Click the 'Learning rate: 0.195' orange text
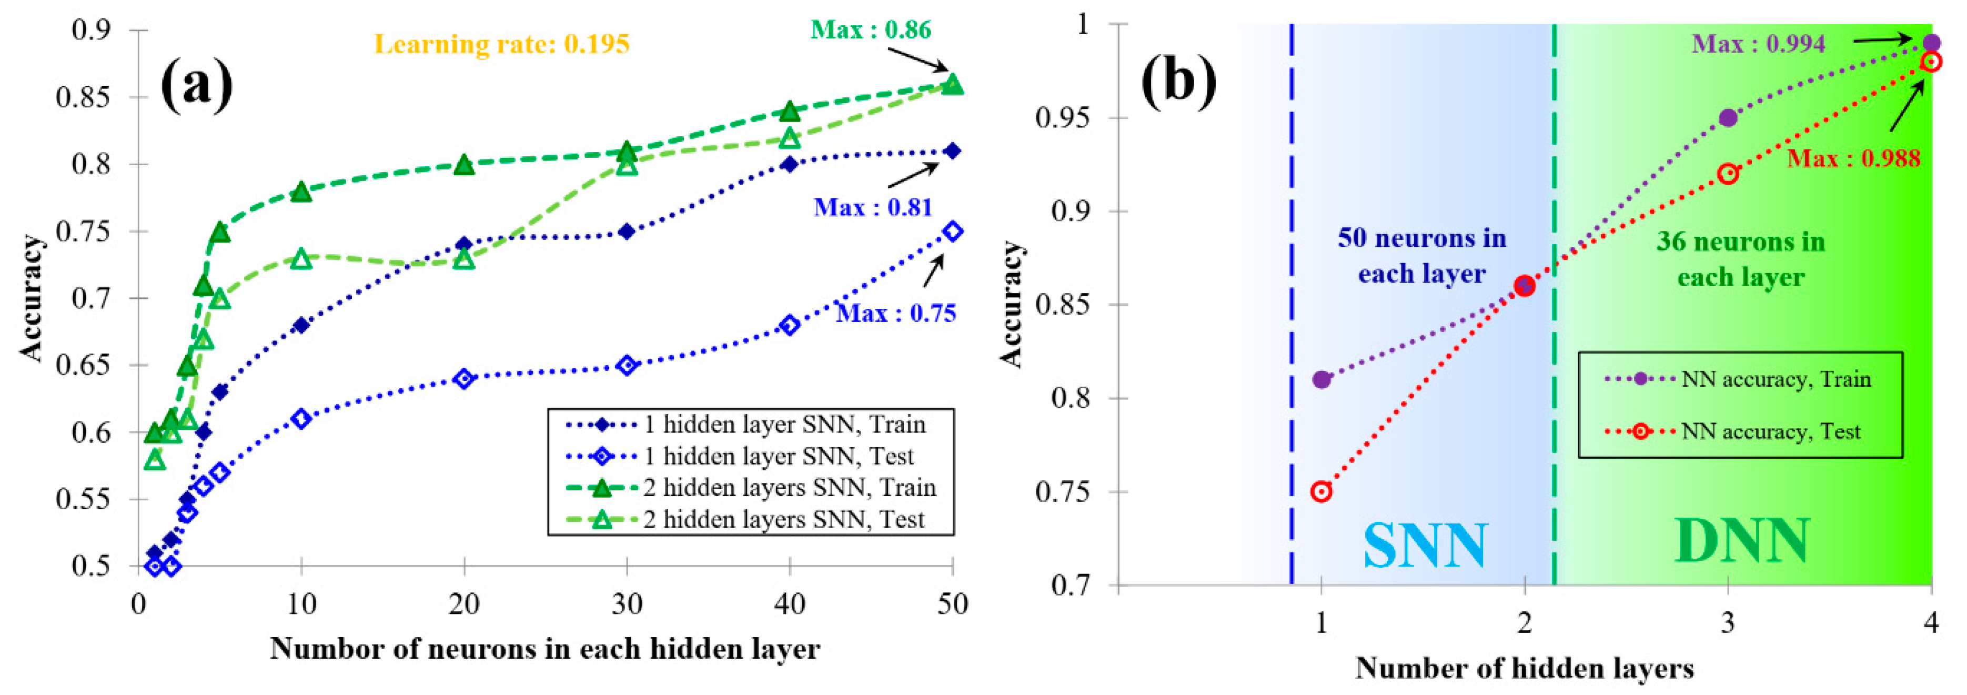click(502, 44)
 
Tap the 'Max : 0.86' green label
click(871, 30)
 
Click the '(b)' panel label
click(1178, 79)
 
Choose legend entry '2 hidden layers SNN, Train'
click(789, 487)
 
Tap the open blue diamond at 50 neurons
click(952, 231)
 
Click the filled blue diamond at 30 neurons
click(627, 231)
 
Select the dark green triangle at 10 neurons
click(301, 191)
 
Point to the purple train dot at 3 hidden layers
click(1728, 118)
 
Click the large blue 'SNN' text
click(1425, 545)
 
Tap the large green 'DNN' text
click(1741, 541)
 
